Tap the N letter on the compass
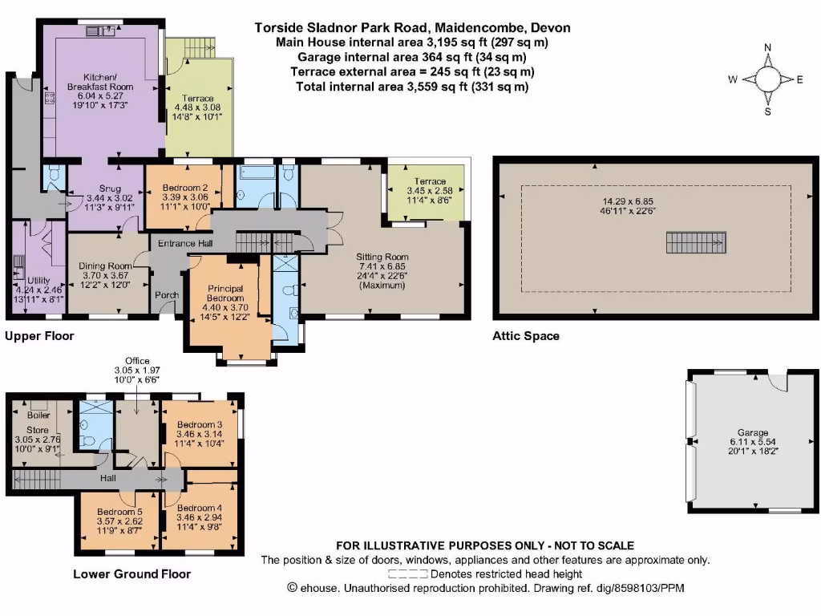pyautogui.click(x=767, y=47)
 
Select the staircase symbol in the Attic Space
pyautogui.click(x=689, y=241)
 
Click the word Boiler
pyautogui.click(x=39, y=415)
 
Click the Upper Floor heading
pyautogui.click(x=39, y=336)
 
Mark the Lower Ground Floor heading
pyautogui.click(x=131, y=573)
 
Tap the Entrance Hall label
pyautogui.click(x=183, y=244)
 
